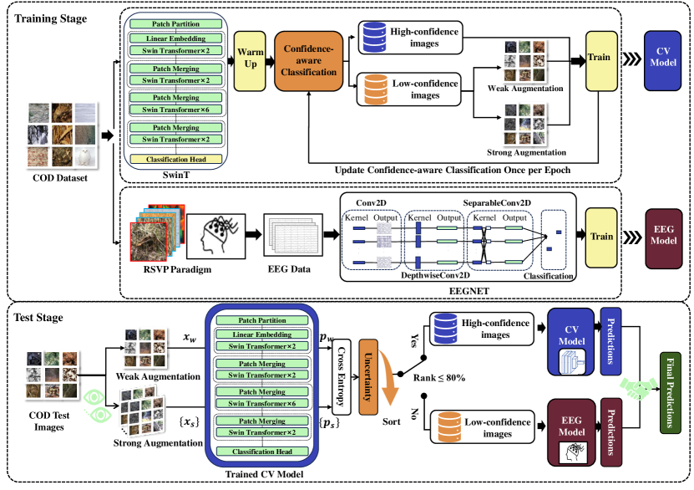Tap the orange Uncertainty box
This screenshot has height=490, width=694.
pos(366,378)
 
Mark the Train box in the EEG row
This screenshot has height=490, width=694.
pos(601,237)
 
